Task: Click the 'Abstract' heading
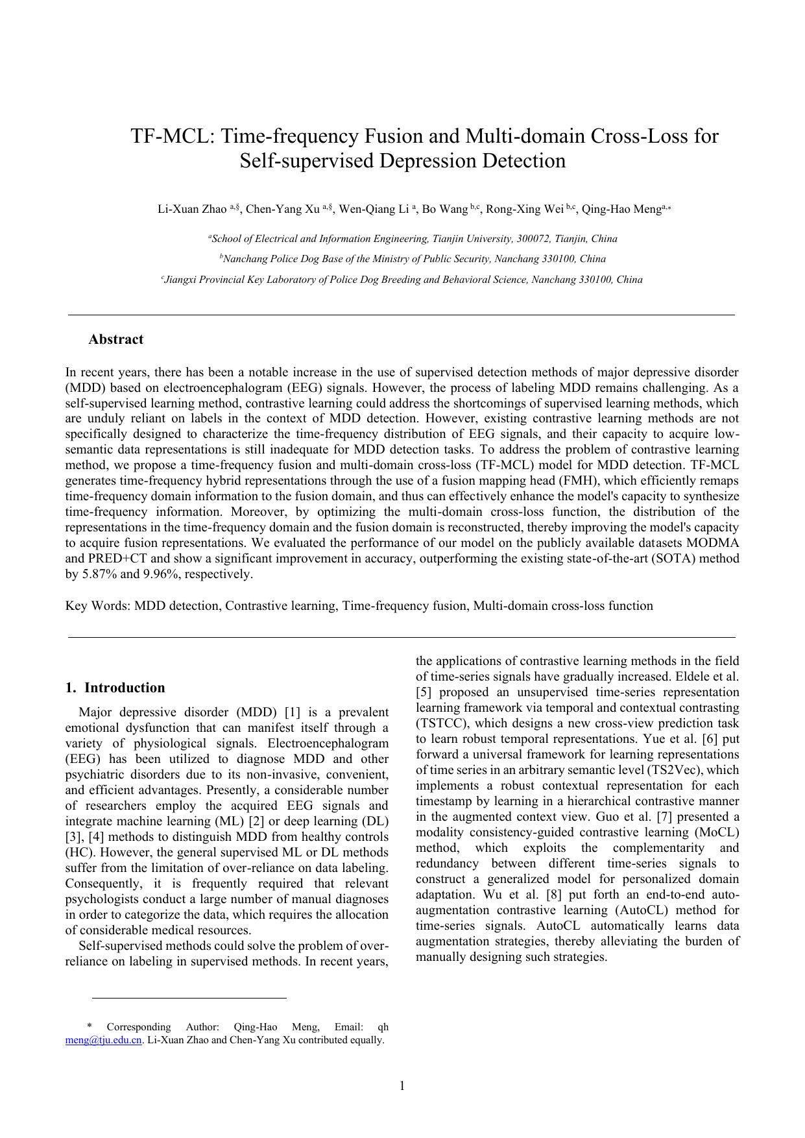click(115, 339)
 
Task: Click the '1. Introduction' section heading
click(115, 688)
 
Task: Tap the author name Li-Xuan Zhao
click(192, 209)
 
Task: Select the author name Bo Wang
click(444, 209)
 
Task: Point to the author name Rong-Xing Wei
click(525, 209)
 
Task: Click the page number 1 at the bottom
click(402, 1086)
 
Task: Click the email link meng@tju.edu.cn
click(103, 1040)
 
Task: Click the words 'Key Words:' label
click(98, 606)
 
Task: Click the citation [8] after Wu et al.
click(554, 895)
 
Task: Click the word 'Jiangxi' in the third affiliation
click(181, 280)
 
